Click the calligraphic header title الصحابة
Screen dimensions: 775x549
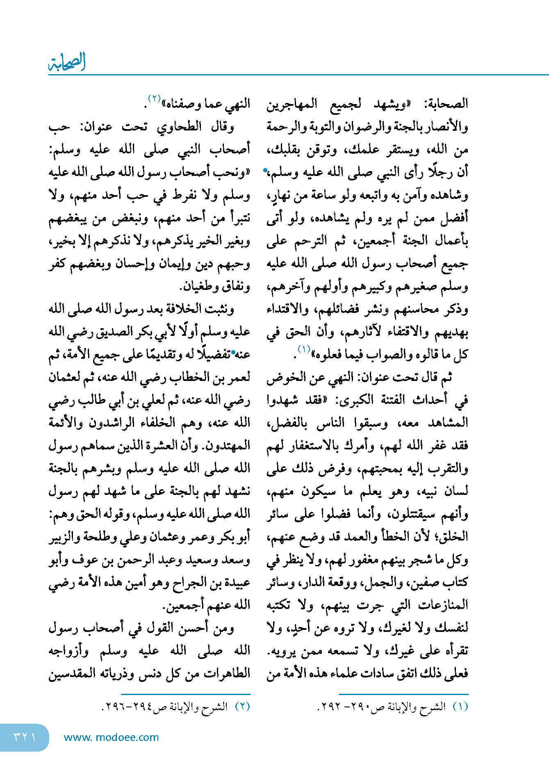[67, 62]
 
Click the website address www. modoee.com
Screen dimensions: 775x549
[111, 737]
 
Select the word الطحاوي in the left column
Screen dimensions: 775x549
[179, 127]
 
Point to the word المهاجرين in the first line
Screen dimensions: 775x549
[292, 104]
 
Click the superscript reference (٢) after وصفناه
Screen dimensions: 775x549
[154, 99]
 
